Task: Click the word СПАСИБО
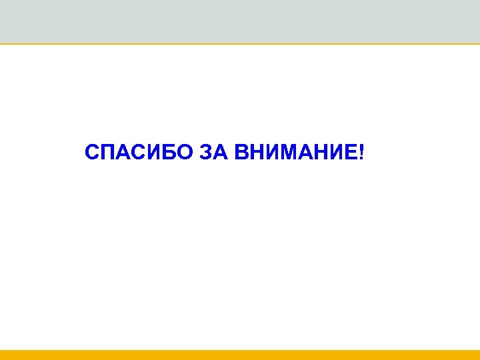click(x=139, y=154)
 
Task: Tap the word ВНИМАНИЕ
click(x=295, y=154)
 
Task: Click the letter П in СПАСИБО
click(x=108, y=154)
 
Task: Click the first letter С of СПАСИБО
click(x=93, y=154)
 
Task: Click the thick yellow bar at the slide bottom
click(x=240, y=355)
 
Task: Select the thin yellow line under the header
click(x=240, y=44)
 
